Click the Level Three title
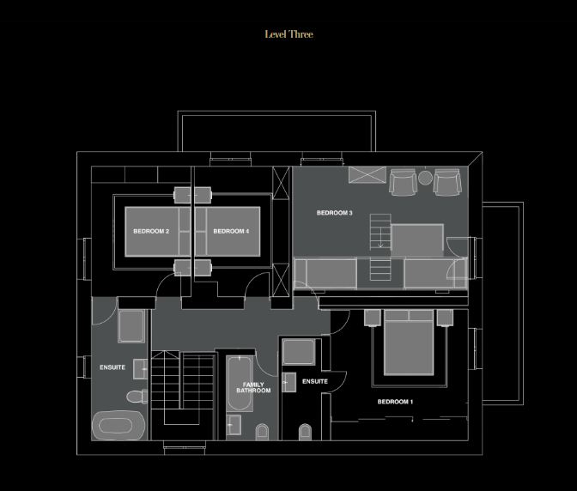point(288,34)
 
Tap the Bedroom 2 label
point(151,232)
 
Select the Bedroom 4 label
point(231,232)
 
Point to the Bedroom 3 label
point(335,213)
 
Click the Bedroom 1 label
point(395,402)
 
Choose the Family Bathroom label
point(253,387)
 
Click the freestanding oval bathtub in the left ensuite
point(118,426)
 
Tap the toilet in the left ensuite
point(137,397)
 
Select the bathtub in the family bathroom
point(240,384)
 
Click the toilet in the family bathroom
point(263,432)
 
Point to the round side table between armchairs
point(425,178)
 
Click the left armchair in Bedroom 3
point(404,182)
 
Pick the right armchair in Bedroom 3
point(447,182)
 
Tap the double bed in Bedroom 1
point(409,342)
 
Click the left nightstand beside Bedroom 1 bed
point(373,318)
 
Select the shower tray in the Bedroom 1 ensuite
point(299,352)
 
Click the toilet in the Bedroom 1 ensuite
point(305,432)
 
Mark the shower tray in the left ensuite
point(131,326)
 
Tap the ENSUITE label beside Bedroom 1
point(315,381)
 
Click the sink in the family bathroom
point(234,425)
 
